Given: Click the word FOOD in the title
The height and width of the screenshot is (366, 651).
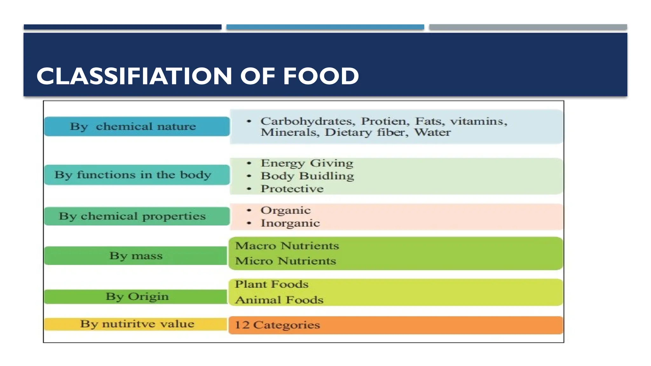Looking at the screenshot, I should point(321,76).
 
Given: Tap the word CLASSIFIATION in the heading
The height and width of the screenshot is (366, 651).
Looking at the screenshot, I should point(134,76).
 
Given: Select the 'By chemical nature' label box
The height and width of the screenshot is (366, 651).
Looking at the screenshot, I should point(137,126).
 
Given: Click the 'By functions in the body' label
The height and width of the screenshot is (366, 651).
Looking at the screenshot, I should point(137,175).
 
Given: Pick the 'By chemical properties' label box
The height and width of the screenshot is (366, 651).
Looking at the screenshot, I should point(137,216).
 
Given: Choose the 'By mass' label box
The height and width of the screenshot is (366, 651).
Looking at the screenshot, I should point(136,256).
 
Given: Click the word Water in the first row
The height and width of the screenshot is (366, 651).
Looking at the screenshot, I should point(432,132).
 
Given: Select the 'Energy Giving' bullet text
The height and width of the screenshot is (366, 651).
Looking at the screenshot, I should point(307,163).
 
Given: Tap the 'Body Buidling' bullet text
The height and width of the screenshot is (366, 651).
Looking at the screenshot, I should point(307,176).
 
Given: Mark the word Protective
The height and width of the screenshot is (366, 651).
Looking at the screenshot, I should point(292,189).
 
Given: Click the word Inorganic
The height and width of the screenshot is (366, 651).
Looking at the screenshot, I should point(290,223).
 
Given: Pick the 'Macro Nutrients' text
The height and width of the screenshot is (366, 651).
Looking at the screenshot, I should point(287,246).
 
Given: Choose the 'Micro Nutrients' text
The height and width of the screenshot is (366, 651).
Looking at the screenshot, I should point(285,261).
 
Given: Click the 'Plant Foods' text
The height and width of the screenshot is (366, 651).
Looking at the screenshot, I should point(271,284).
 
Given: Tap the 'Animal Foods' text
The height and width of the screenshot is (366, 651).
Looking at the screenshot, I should point(279,300).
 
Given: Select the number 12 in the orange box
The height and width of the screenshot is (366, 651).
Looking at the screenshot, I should point(242,325).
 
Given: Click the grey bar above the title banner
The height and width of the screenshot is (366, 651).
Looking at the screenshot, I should point(528,27).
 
